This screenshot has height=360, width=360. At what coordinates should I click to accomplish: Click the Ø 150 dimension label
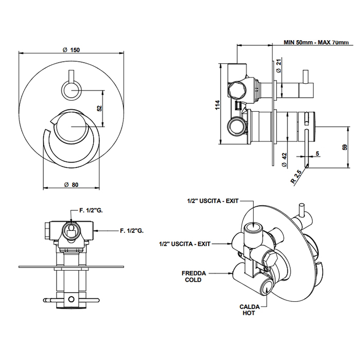tap(71, 49)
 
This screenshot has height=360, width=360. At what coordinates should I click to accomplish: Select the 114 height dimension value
tap(218, 106)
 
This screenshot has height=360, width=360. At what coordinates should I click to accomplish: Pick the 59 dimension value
tap(344, 148)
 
